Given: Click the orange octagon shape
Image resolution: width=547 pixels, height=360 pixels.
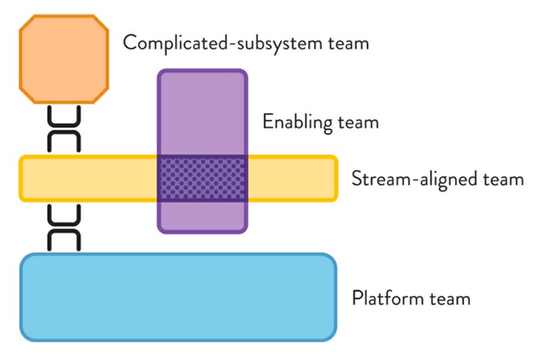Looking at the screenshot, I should coord(64,59).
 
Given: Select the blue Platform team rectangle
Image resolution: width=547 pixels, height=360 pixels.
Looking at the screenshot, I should coord(178,297).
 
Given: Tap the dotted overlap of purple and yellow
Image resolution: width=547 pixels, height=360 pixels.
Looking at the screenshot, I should coord(203,178).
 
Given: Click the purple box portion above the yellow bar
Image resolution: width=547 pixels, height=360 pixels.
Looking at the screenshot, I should coord(203,113).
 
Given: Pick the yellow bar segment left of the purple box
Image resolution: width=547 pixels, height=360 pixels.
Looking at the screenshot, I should coord(89,178).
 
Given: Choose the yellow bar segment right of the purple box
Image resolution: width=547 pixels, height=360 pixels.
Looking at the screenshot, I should coord(292,178).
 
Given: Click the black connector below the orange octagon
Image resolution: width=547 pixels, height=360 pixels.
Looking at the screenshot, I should coord(64,128).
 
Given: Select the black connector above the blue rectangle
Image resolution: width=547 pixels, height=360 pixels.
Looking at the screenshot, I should coord(64,227).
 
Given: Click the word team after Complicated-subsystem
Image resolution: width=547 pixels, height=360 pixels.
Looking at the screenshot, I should coord(346,43).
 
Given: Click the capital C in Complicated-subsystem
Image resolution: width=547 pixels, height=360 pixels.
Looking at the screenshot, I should coord(130,43).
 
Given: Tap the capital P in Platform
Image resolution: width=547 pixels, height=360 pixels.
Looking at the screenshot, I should coord(357,298).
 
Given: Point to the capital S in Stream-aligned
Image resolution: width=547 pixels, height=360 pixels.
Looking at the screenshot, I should coord(357,179).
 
